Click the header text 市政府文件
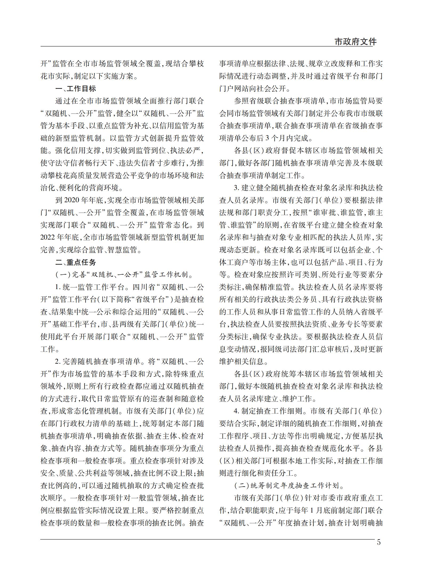355,42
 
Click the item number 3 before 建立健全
236,188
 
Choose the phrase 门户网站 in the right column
234,89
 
